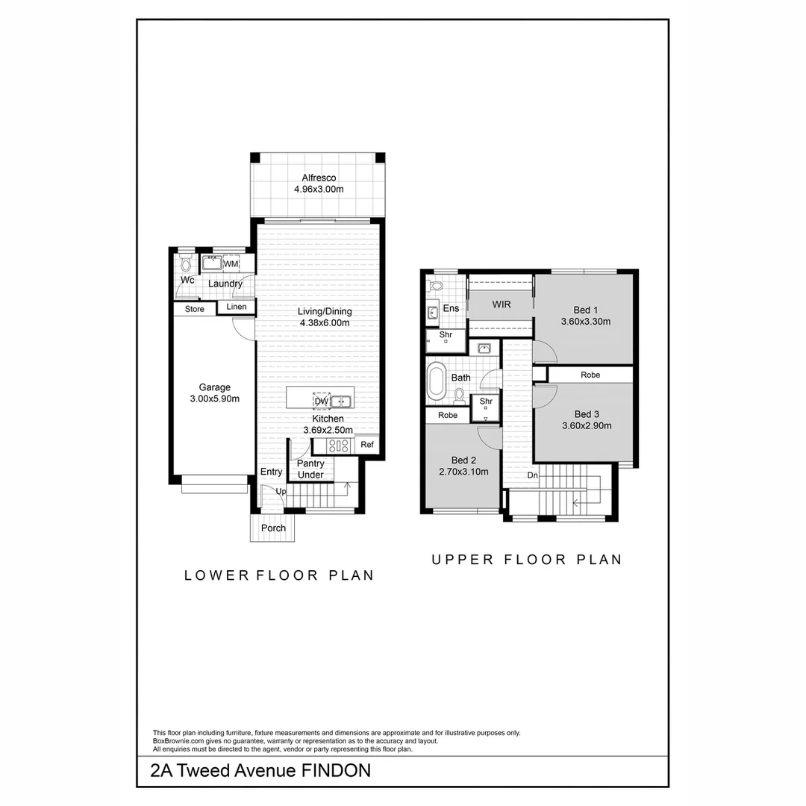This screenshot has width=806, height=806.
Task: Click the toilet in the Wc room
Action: point(186,264)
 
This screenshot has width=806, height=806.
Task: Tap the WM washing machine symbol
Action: point(231,264)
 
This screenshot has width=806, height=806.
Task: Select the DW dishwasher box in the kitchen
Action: point(322,402)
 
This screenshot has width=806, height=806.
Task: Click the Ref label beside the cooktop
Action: point(366,445)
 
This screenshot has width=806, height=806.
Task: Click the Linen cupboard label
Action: point(236,307)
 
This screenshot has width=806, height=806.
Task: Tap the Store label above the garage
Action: point(194,309)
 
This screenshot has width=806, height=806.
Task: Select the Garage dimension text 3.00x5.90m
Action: point(214,399)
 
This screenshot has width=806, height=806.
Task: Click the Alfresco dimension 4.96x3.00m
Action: point(319,190)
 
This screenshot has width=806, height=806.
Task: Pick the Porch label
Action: point(273,528)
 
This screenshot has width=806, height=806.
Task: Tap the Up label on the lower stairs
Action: point(281,491)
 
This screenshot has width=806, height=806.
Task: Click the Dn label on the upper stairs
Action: point(532,475)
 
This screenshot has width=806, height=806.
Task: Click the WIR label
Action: point(500,305)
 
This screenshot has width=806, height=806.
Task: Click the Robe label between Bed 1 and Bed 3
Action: point(590,375)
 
